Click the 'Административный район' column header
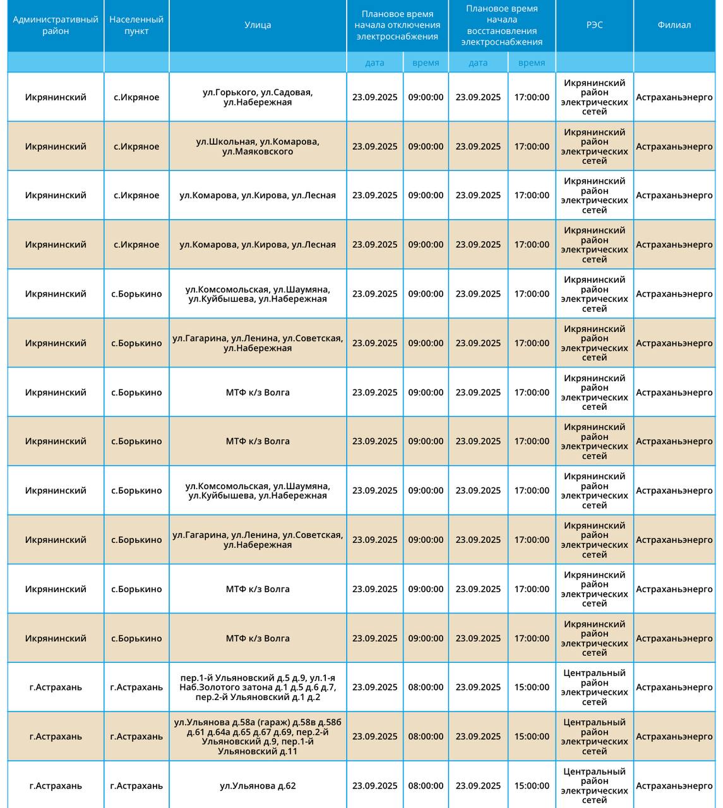click(56, 25)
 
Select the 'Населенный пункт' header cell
click(136, 25)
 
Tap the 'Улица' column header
click(258, 25)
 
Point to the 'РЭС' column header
click(594, 25)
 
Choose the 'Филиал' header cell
click(674, 25)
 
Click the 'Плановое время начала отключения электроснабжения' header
click(397, 25)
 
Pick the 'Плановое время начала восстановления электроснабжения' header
click(502, 25)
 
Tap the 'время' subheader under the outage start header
click(426, 62)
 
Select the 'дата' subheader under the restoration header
click(478, 62)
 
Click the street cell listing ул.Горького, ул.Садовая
click(258, 97)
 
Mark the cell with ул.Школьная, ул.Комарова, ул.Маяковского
click(258, 146)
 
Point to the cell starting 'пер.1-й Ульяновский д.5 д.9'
click(258, 687)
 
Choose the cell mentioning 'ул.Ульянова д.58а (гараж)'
click(258, 737)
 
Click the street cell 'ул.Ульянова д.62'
click(258, 786)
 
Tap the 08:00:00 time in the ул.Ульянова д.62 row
click(426, 786)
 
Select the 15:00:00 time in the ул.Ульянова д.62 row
click(532, 786)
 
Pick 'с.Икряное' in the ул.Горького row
click(136, 97)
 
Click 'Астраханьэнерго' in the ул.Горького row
click(674, 97)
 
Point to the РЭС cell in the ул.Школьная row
click(594, 146)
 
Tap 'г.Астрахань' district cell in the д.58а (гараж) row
click(56, 737)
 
